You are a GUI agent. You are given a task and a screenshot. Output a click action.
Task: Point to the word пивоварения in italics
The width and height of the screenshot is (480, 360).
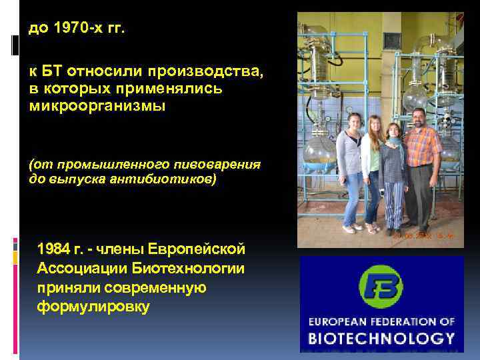(209, 164)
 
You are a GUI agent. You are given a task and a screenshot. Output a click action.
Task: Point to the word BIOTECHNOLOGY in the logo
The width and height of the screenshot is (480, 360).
(381, 337)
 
